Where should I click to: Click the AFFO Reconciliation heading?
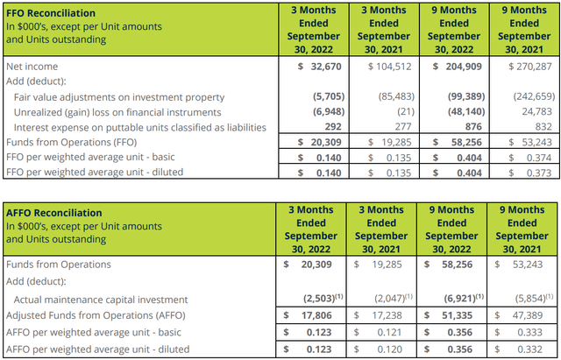coord(55,213)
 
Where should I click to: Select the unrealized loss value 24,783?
coord(536,111)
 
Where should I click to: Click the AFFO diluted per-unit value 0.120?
coord(399,349)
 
